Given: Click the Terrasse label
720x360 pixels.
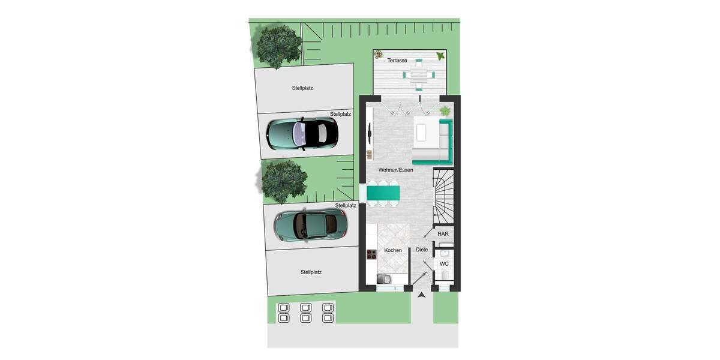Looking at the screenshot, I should (x=397, y=61).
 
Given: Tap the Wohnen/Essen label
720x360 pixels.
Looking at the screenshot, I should (x=395, y=170).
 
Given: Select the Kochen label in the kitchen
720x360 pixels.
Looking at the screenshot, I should (x=393, y=250).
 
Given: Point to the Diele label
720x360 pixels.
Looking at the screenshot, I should (x=422, y=250).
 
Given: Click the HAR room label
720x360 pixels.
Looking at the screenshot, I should (x=443, y=234).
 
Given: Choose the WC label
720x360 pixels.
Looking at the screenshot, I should (x=444, y=264).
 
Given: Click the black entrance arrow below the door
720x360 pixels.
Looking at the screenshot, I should (x=422, y=295).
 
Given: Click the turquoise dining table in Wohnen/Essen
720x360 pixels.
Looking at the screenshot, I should (x=384, y=193).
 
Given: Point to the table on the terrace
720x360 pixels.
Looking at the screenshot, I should (x=418, y=74).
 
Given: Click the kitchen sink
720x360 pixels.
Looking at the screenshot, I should (x=384, y=278).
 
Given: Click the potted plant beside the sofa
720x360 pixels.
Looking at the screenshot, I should (x=445, y=111).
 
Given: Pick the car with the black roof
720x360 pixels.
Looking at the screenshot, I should (x=302, y=133).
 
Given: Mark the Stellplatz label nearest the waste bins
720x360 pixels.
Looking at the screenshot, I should (x=311, y=272).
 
